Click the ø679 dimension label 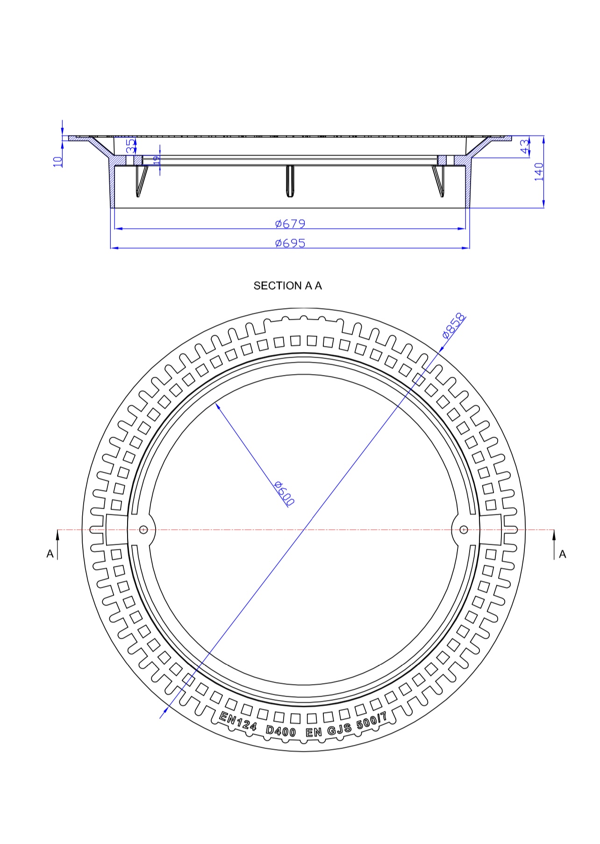(x=290, y=224)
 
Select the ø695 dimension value (x=290, y=243)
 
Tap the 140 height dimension (x=539, y=171)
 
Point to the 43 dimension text (x=525, y=146)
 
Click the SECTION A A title (x=287, y=285)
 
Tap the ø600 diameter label (x=284, y=493)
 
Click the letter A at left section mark (x=50, y=554)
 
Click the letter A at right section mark (x=562, y=554)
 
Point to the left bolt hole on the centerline (x=143, y=529)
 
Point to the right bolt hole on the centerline (x=464, y=529)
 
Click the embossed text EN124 (x=238, y=721)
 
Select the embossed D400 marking (x=280, y=730)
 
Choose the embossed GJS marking (x=339, y=729)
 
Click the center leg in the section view (x=290, y=180)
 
